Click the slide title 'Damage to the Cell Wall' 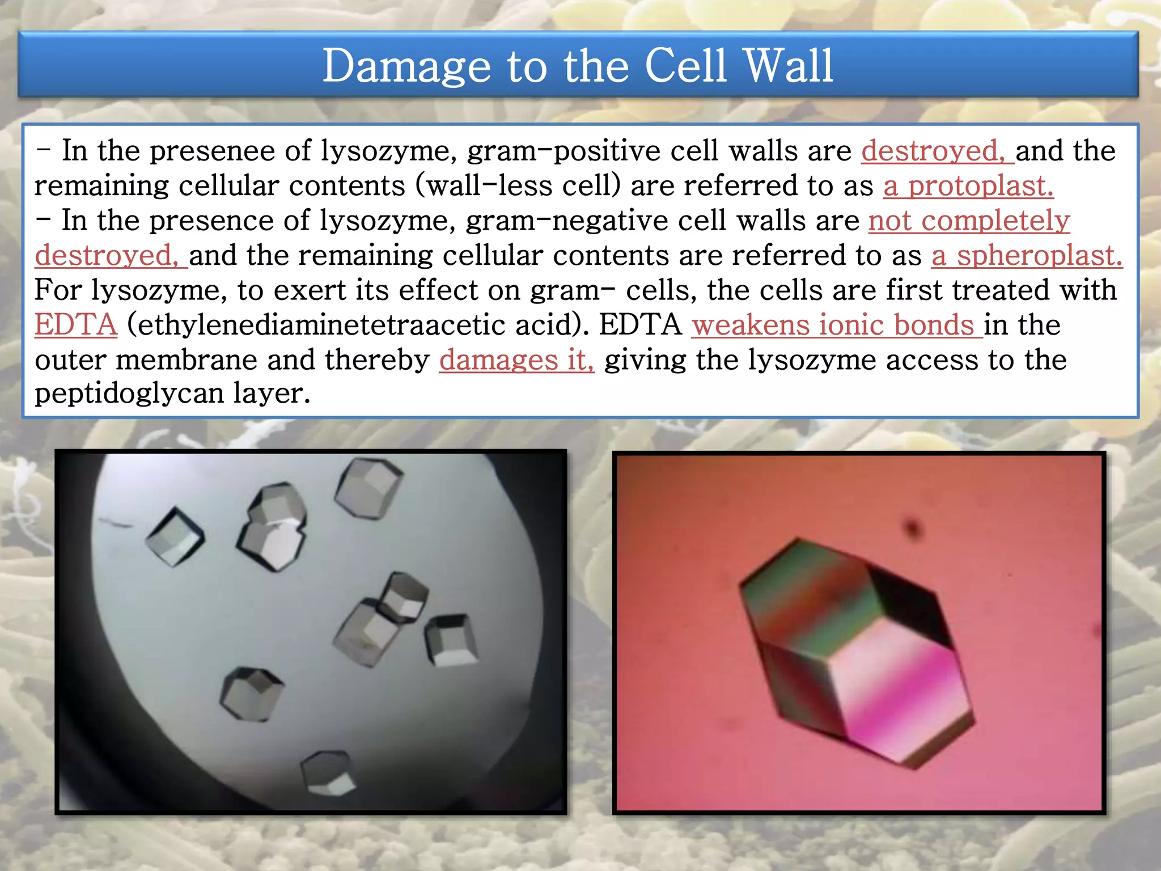578,66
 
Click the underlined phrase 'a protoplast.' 968,186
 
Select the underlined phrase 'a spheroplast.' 1027,256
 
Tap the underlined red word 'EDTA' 76,325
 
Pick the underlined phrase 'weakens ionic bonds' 836,325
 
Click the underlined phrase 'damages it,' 516,360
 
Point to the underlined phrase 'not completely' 969,221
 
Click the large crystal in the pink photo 856,652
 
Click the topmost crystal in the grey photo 369,488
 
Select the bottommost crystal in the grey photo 328,774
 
